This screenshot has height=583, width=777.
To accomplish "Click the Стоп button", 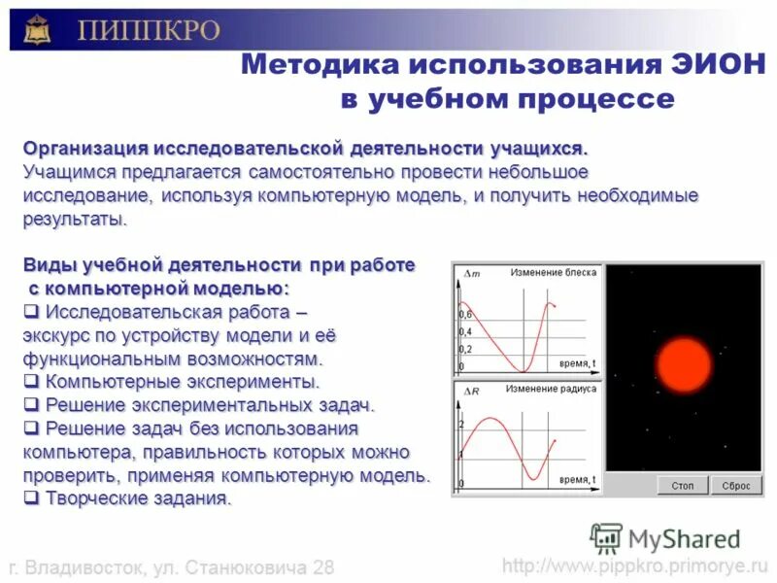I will point(683,485).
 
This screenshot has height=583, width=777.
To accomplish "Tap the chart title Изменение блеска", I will point(553,273).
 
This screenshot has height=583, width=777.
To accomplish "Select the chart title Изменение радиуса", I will point(552,389).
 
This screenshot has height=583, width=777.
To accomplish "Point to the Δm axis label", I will point(473,275).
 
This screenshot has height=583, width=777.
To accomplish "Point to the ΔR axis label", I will point(473,391).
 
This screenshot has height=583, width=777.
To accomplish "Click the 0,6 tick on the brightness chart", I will point(464,315).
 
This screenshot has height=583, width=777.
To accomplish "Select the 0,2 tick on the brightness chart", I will point(464,349).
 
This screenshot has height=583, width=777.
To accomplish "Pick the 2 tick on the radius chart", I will point(461,425).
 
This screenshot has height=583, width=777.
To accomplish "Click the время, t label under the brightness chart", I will point(578,363).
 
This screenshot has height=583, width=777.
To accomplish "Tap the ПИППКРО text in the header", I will point(148,30).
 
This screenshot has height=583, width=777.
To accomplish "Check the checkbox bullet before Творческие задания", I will point(30,498).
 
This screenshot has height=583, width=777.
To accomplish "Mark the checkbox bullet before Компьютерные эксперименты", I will point(30,381).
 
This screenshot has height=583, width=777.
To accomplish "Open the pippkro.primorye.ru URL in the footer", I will point(635,566).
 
